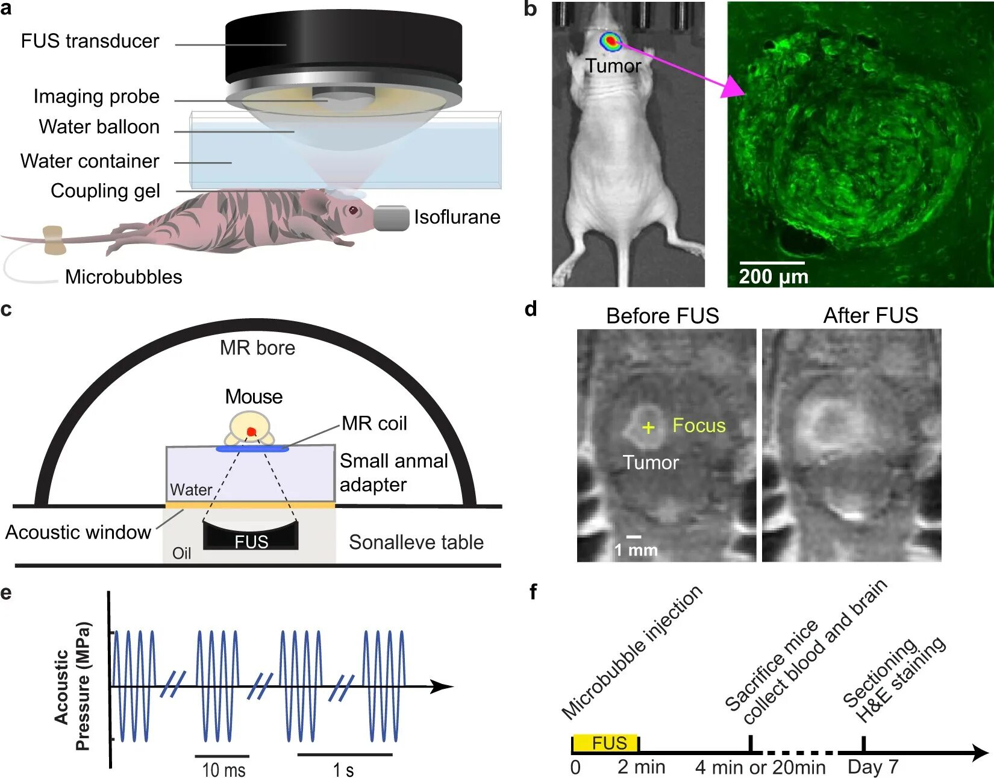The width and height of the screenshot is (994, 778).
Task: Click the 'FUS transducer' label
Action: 90,41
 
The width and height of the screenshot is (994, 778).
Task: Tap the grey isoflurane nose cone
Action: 391,218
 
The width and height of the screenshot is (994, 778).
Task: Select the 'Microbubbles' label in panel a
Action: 123,277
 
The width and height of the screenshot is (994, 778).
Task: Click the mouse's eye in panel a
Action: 352,210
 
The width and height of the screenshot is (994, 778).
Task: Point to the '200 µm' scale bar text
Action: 774,277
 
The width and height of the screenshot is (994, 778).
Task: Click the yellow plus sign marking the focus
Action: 648,428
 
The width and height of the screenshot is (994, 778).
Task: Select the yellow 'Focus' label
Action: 699,425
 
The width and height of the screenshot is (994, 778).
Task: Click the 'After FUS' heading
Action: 871,315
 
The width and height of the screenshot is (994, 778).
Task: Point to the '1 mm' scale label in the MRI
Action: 636,550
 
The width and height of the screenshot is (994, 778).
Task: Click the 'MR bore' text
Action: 257,348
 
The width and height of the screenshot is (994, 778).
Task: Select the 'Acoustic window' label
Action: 78,532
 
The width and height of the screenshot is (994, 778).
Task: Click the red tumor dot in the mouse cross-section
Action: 251,431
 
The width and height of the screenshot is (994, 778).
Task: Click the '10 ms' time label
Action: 223,770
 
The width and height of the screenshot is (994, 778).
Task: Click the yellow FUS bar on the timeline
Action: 605,743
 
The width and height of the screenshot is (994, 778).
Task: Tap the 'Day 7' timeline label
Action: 872,767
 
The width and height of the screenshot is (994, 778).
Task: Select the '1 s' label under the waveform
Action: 343,770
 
